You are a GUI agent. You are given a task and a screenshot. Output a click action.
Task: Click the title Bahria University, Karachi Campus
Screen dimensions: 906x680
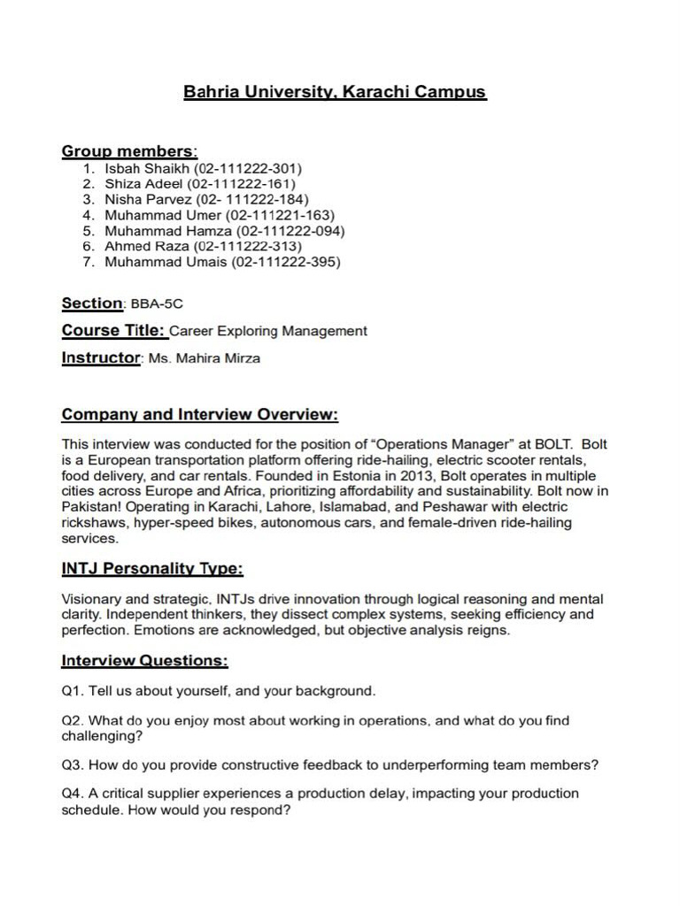(x=335, y=92)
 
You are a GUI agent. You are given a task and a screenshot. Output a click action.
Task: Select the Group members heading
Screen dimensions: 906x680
(x=129, y=151)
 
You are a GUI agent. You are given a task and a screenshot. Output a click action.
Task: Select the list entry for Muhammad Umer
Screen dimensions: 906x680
(x=220, y=215)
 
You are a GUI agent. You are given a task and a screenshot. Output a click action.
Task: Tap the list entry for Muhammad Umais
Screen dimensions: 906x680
(x=222, y=262)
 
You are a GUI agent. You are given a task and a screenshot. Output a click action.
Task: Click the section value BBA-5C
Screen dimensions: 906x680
(x=157, y=304)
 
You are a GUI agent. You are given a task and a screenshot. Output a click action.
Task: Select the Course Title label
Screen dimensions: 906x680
(x=113, y=331)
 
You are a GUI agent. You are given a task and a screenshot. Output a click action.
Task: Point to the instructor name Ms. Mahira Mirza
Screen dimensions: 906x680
(x=205, y=359)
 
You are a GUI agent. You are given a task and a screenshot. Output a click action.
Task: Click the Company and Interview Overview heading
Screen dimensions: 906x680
(x=199, y=415)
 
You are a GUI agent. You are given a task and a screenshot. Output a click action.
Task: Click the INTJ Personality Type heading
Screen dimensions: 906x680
(x=152, y=568)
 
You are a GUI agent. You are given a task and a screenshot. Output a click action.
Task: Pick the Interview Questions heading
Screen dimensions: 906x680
(x=144, y=661)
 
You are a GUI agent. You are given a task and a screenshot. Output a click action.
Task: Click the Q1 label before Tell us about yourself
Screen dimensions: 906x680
(x=73, y=690)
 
